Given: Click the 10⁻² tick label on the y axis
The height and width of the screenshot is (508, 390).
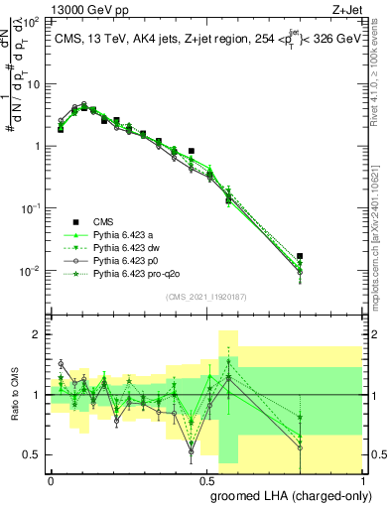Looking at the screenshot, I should click(x=32, y=271).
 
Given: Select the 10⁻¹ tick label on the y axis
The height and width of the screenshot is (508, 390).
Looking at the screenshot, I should click(x=32, y=208).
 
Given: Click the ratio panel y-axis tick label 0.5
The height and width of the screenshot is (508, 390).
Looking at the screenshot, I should click(x=33, y=454).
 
